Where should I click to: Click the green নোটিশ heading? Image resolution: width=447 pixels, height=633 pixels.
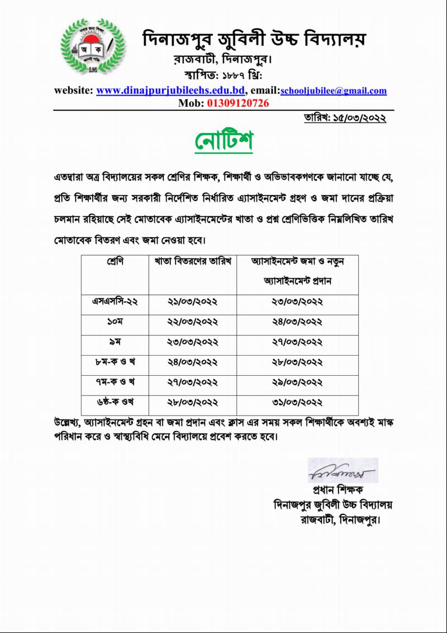[224, 141]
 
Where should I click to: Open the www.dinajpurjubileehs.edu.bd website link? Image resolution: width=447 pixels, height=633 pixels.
[170, 91]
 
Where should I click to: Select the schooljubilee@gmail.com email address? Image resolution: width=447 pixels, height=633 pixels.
[334, 91]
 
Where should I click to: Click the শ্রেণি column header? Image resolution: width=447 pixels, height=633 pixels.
[115, 262]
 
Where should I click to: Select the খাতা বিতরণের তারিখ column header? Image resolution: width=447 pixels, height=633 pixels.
[193, 262]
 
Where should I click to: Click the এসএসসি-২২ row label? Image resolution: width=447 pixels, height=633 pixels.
[115, 302]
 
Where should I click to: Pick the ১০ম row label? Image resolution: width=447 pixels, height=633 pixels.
[115, 322]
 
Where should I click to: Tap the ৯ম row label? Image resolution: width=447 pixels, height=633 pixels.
[115, 342]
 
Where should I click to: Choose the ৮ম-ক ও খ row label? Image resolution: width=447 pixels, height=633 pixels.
[115, 362]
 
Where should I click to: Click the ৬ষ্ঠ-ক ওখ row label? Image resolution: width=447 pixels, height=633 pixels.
[115, 402]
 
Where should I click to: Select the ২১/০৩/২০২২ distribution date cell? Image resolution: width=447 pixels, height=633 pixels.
[193, 302]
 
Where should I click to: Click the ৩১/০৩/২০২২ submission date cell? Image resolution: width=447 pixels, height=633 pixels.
[297, 402]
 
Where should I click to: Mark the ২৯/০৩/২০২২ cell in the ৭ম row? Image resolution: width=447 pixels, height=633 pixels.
[297, 382]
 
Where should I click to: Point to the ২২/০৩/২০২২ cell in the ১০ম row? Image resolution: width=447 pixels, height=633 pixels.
[193, 322]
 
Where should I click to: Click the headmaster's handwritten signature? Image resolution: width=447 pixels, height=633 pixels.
[341, 471]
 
